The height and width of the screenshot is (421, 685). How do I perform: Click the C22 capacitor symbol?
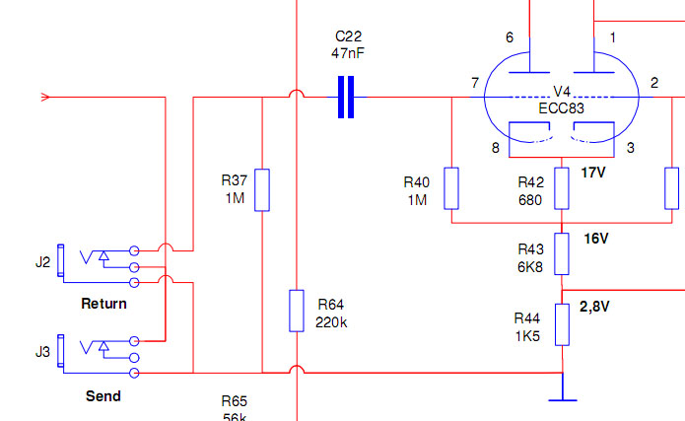[x=346, y=97]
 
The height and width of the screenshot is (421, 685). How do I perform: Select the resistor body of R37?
[x=262, y=190]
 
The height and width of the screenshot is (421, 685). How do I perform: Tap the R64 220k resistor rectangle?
[x=297, y=311]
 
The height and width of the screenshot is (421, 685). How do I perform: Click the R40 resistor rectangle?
[x=451, y=188]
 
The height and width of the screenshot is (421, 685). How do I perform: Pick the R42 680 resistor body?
[x=562, y=188]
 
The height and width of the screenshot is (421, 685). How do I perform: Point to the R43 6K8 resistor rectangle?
[x=562, y=254]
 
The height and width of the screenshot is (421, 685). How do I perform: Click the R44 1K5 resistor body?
[x=562, y=324]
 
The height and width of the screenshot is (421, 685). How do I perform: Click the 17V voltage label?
[x=593, y=173]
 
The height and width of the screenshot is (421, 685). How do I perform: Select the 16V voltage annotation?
[x=596, y=239]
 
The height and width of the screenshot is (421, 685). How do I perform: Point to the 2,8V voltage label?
[x=594, y=307]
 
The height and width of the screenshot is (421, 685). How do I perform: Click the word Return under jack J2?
[x=103, y=304]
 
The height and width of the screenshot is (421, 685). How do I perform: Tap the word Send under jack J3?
[x=103, y=396]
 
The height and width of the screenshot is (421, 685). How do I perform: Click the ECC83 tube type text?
[x=562, y=108]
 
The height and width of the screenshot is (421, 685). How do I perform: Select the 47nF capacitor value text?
[x=348, y=53]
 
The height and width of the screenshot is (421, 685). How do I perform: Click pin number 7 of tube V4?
[x=475, y=83]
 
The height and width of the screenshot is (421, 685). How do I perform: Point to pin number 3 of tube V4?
[x=631, y=148]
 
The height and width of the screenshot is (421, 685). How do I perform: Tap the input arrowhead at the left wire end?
[x=45, y=97]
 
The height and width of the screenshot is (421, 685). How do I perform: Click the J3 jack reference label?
[x=42, y=352]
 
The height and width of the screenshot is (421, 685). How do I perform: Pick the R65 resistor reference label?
[x=235, y=401]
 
